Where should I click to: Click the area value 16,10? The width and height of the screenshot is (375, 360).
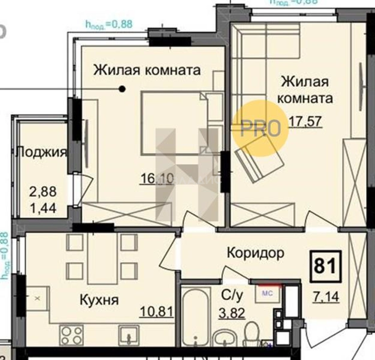157,179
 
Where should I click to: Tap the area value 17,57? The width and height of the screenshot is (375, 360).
305,121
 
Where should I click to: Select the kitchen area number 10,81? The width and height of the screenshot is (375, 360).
157,312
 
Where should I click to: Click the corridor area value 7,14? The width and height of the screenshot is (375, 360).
326,296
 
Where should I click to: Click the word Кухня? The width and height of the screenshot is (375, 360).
99,300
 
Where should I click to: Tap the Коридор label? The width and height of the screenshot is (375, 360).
255,253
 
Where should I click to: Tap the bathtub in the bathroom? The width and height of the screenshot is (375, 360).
196,317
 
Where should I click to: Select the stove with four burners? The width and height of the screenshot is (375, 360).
71,335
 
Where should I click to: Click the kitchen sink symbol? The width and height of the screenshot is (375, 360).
129,334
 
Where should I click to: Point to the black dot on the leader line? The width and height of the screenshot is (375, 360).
122,89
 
